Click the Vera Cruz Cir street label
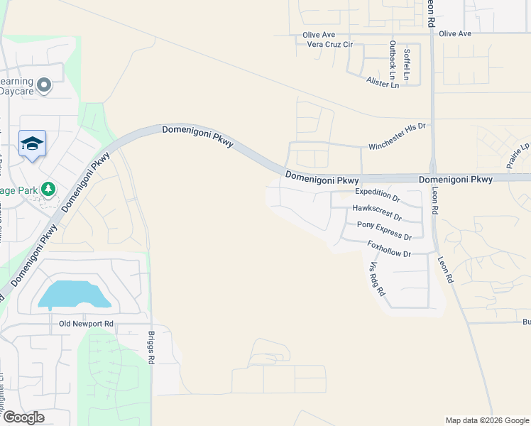click(328, 44)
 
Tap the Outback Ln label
click(392, 60)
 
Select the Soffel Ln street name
click(407, 62)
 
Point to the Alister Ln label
click(383, 83)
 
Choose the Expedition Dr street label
click(378, 192)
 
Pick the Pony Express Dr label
click(384, 231)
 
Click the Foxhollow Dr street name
click(389, 248)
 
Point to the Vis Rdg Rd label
click(377, 278)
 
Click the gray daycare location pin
click(44, 86)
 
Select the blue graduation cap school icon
click(32, 144)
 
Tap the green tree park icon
click(48, 190)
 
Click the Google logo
click(23, 417)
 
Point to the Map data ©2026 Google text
click(486, 420)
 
